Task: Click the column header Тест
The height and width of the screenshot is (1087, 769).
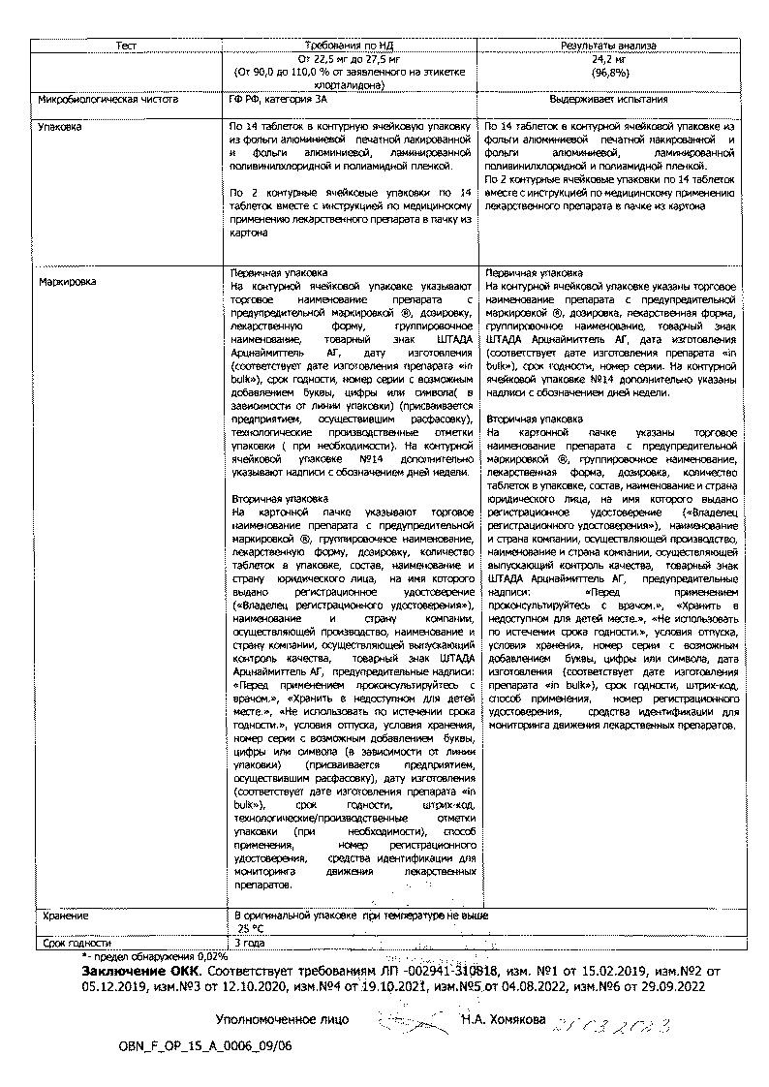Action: click(127, 46)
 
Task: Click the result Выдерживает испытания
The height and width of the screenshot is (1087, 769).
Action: click(609, 100)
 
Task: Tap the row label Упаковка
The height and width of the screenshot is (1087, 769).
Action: click(59, 127)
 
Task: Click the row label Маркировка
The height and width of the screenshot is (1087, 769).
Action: click(65, 283)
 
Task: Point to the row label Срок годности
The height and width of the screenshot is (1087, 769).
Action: click(73, 942)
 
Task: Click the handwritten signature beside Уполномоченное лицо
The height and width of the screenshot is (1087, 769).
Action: click(407, 1020)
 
